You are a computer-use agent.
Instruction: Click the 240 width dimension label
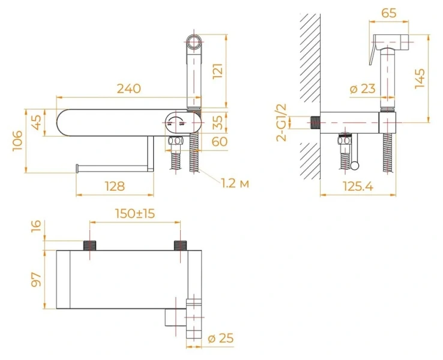pyautogui.click(x=128, y=88)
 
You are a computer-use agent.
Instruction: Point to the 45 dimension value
pyautogui.click(x=37, y=122)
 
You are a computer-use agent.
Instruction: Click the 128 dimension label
pyautogui.click(x=112, y=186)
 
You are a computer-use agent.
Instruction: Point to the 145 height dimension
pyautogui.click(x=420, y=78)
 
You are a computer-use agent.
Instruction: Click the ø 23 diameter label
pyautogui.click(x=362, y=89)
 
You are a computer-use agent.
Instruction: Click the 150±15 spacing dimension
pyautogui.click(x=134, y=214)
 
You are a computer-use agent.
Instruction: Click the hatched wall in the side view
pyautogui.click(x=309, y=90)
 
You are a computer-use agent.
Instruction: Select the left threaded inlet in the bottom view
pyautogui.click(x=89, y=245)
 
